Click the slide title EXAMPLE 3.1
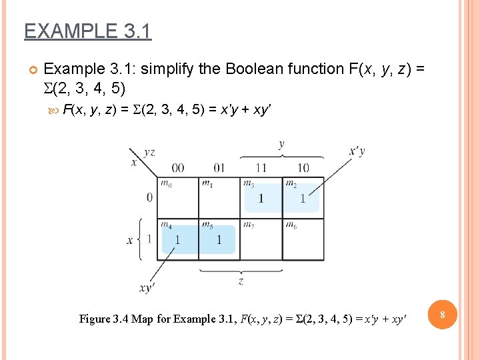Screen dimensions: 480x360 (x=87, y=31)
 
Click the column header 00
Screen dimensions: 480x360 (x=178, y=167)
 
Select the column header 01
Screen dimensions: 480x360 (x=219, y=167)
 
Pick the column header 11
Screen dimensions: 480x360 (x=261, y=167)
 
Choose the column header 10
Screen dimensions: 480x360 (x=303, y=167)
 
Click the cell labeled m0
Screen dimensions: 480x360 (x=178, y=198)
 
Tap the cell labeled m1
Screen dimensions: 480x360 (x=219, y=198)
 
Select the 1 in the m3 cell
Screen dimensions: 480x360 (x=261, y=198)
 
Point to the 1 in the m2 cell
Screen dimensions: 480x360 (x=303, y=198)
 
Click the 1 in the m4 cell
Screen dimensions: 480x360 (x=177, y=240)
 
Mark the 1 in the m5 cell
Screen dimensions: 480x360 (x=219, y=240)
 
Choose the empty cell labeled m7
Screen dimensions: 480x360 (x=261, y=240)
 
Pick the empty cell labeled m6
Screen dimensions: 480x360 (x=303, y=240)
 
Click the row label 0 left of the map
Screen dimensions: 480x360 (x=149, y=197)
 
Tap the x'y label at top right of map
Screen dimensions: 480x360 (x=357, y=151)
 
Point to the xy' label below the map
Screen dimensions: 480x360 (x=147, y=288)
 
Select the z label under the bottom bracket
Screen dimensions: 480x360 (x=241, y=281)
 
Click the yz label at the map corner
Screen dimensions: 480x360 (x=150, y=153)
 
